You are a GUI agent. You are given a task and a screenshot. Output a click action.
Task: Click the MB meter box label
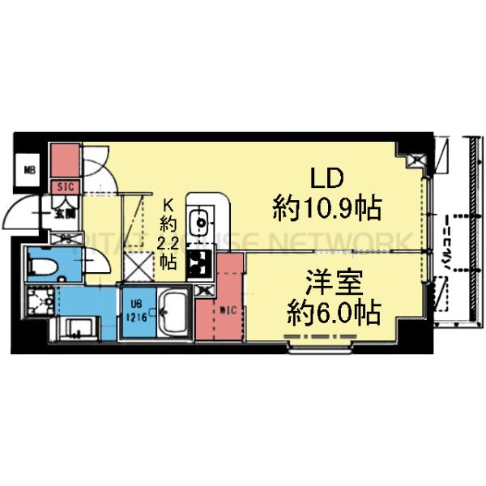click(x=29, y=170)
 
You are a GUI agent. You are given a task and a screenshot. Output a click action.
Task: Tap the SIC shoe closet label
click(x=65, y=187)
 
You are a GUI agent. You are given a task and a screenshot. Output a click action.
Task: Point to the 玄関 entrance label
click(x=64, y=215)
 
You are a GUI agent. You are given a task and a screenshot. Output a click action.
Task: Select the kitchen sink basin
click(x=200, y=220)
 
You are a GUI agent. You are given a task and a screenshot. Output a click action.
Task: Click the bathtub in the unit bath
click(x=173, y=312)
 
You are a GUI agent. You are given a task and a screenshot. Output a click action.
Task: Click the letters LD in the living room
click(x=329, y=176)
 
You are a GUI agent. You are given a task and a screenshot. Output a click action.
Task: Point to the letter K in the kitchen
click(x=169, y=205)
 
